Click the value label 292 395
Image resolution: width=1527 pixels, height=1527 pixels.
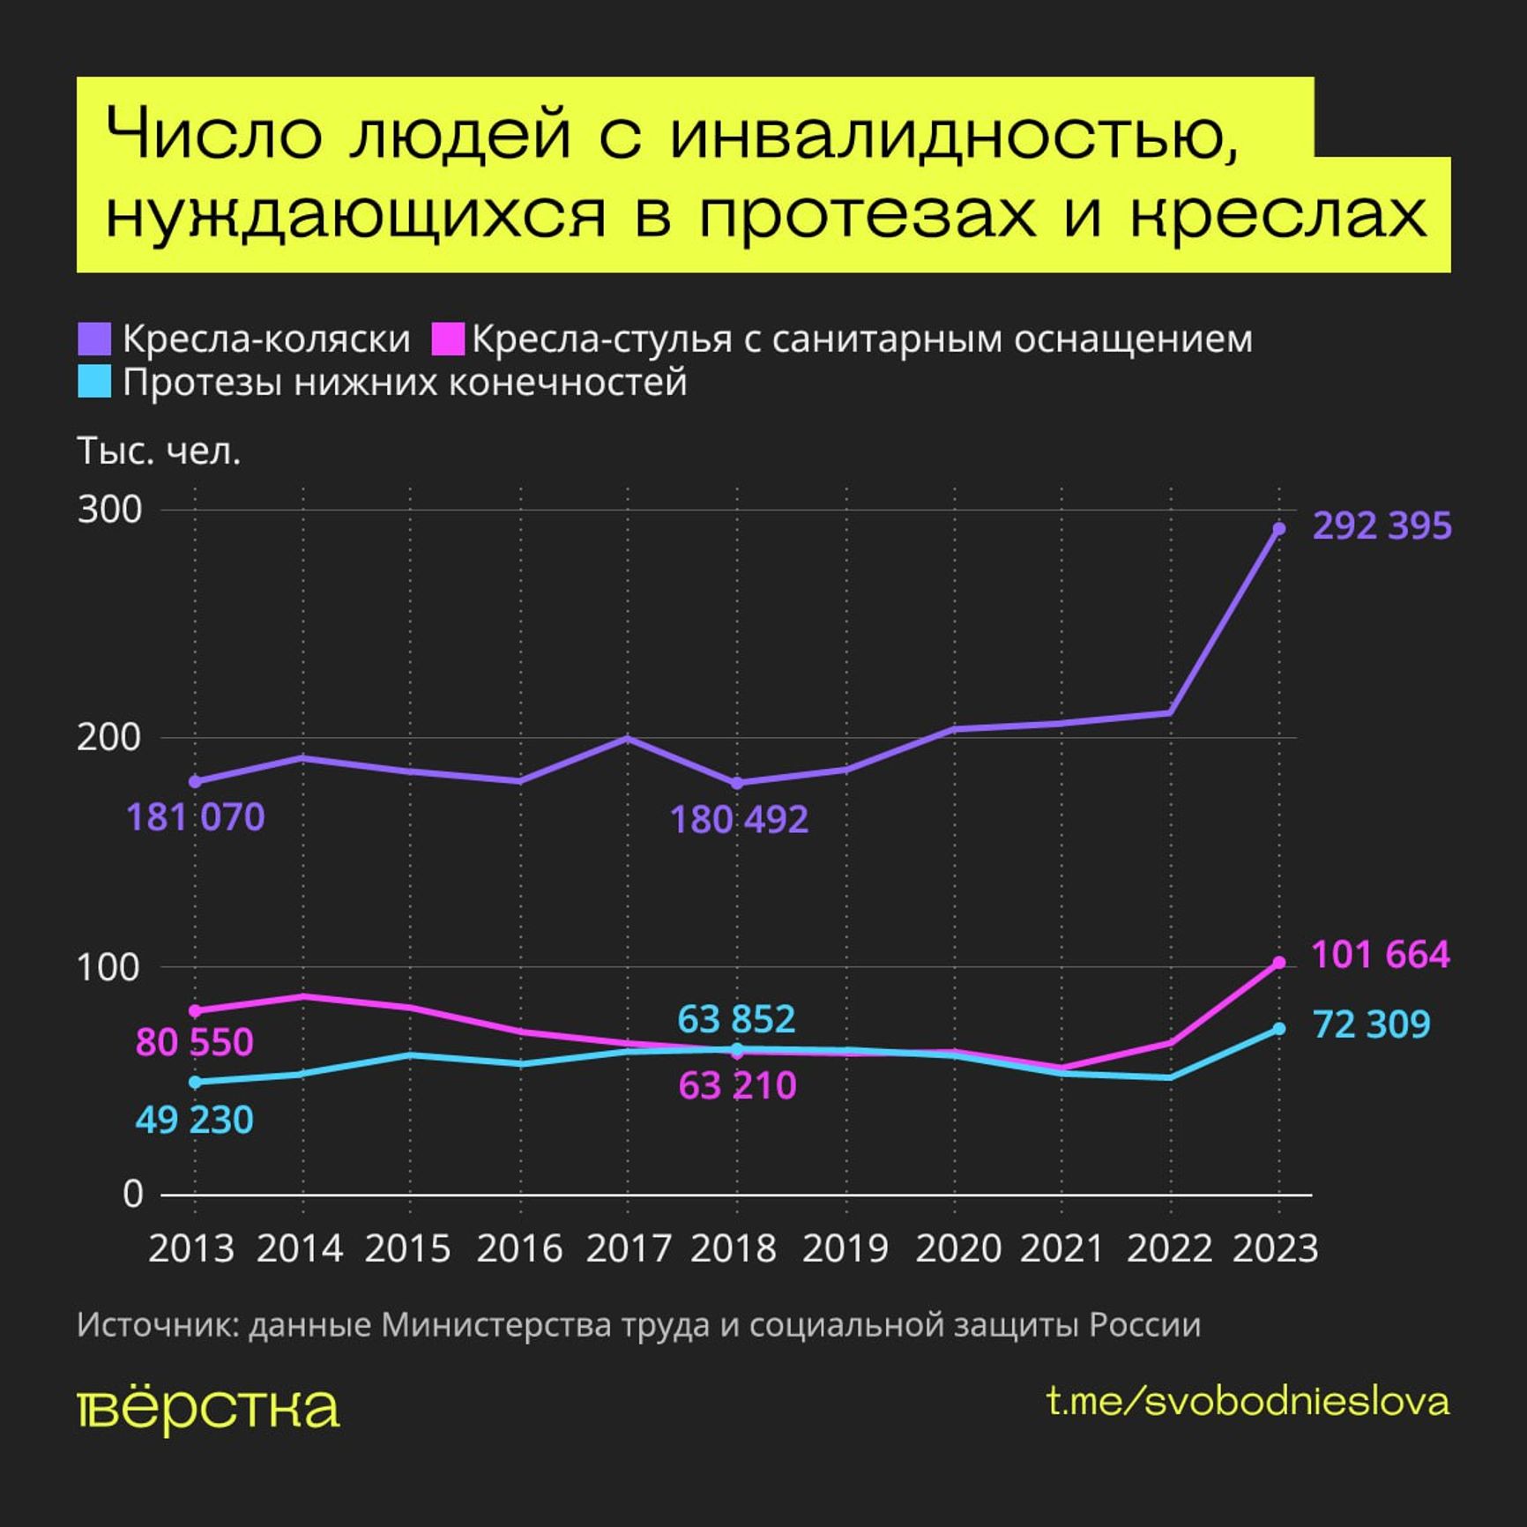tap(1382, 526)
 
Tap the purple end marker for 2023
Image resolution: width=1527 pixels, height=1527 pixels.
tap(1278, 528)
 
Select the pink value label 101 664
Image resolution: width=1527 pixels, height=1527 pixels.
tap(1381, 956)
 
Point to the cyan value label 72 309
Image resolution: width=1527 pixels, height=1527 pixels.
tap(1371, 1024)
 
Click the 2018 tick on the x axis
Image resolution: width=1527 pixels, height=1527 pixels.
tap(734, 1248)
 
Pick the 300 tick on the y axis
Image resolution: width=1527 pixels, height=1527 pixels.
tap(109, 510)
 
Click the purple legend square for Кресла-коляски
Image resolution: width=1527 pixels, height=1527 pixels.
tap(94, 339)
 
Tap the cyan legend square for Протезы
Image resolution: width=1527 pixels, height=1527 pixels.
tap(94, 383)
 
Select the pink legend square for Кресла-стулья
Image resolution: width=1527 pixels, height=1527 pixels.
tap(447, 339)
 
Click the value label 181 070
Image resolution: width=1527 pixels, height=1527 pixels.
tap(196, 817)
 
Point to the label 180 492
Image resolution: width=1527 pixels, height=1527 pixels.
tap(739, 820)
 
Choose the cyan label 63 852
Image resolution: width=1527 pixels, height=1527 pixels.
tap(736, 1019)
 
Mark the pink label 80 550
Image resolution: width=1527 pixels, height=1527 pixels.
tap(194, 1042)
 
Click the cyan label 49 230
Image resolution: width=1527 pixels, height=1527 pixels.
tap(194, 1121)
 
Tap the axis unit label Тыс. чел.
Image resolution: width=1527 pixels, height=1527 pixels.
tap(160, 451)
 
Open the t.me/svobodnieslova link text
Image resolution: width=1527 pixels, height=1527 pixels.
tap(1248, 1402)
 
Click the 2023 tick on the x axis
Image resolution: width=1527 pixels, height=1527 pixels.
tap(1275, 1248)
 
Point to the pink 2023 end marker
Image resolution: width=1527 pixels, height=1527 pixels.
tap(1278, 962)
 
